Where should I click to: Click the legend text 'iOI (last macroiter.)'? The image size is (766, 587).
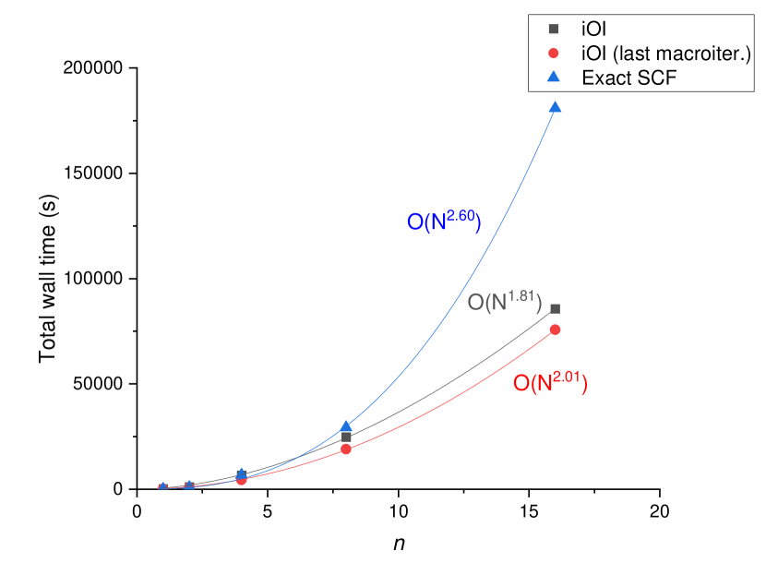(666, 54)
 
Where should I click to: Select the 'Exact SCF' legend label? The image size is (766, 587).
(629, 78)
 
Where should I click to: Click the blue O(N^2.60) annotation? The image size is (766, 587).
(444, 222)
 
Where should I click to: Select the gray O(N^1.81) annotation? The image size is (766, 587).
(504, 301)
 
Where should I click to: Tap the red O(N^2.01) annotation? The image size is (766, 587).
(550, 382)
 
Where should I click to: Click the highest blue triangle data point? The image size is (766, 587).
(555, 107)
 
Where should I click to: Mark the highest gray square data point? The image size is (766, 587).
(555, 308)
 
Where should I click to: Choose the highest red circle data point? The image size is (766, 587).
(555, 329)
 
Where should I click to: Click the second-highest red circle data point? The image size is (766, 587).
(346, 449)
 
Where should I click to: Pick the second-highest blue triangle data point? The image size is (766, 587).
(346, 426)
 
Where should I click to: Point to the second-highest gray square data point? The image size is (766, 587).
(346, 437)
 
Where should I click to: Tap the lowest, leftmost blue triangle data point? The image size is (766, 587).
(162, 486)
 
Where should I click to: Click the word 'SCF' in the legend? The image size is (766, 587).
(657, 78)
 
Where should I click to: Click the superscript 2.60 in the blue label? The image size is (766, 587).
(461, 215)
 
